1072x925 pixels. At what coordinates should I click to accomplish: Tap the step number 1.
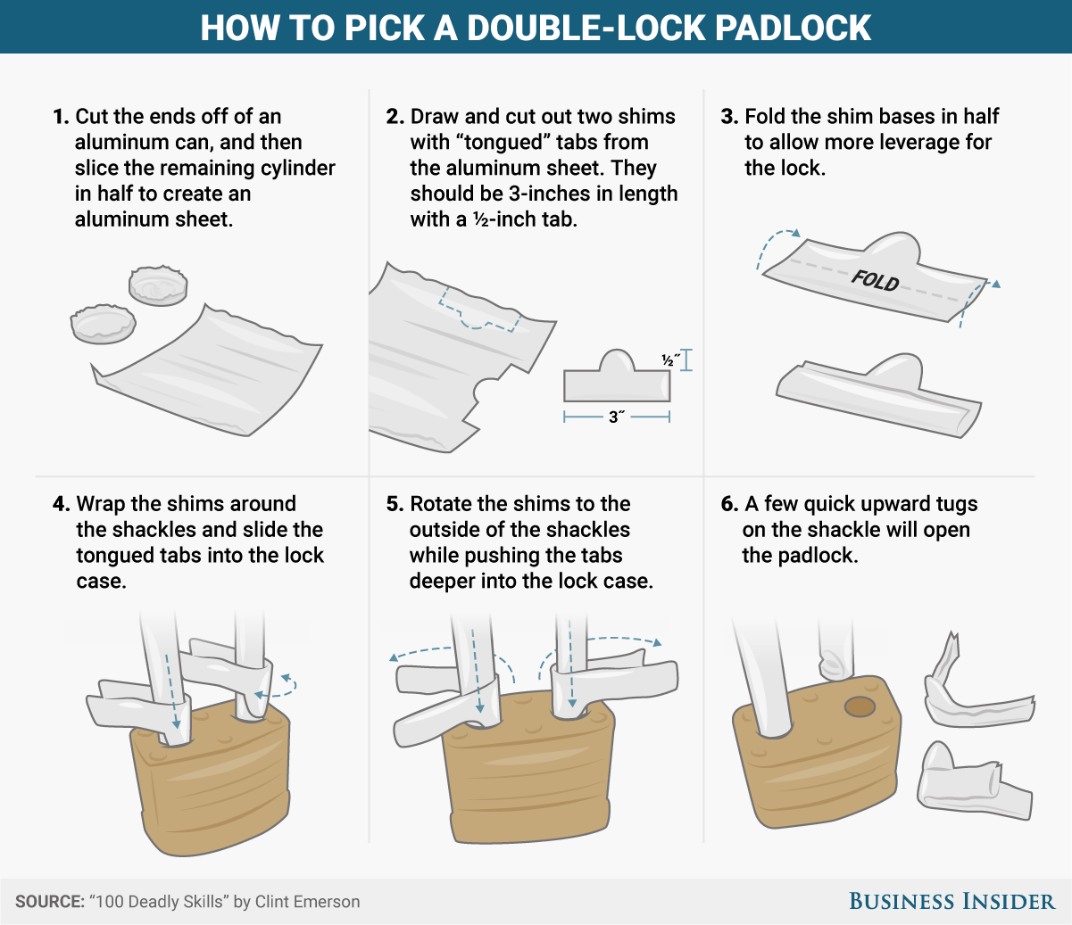[x=60, y=117]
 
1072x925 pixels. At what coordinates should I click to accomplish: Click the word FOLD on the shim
[x=875, y=280]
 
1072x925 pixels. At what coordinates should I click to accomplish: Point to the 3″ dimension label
[x=616, y=417]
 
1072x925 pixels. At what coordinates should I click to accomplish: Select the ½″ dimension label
[x=670, y=360]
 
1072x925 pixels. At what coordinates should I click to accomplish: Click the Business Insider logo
[x=952, y=901]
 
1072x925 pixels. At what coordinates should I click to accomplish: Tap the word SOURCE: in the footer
[x=49, y=902]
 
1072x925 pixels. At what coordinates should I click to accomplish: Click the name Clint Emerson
[x=307, y=902]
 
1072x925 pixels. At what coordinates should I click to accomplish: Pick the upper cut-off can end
[x=158, y=285]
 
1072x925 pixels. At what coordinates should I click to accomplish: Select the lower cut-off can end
[x=103, y=324]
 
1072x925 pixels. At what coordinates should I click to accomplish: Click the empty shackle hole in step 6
[x=860, y=707]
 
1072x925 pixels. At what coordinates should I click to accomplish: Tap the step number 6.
[x=728, y=505]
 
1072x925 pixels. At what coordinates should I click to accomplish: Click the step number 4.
[x=60, y=505]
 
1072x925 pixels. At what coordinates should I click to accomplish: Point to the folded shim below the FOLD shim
[x=879, y=397]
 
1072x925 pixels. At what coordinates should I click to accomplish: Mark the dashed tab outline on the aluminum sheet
[x=478, y=312]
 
